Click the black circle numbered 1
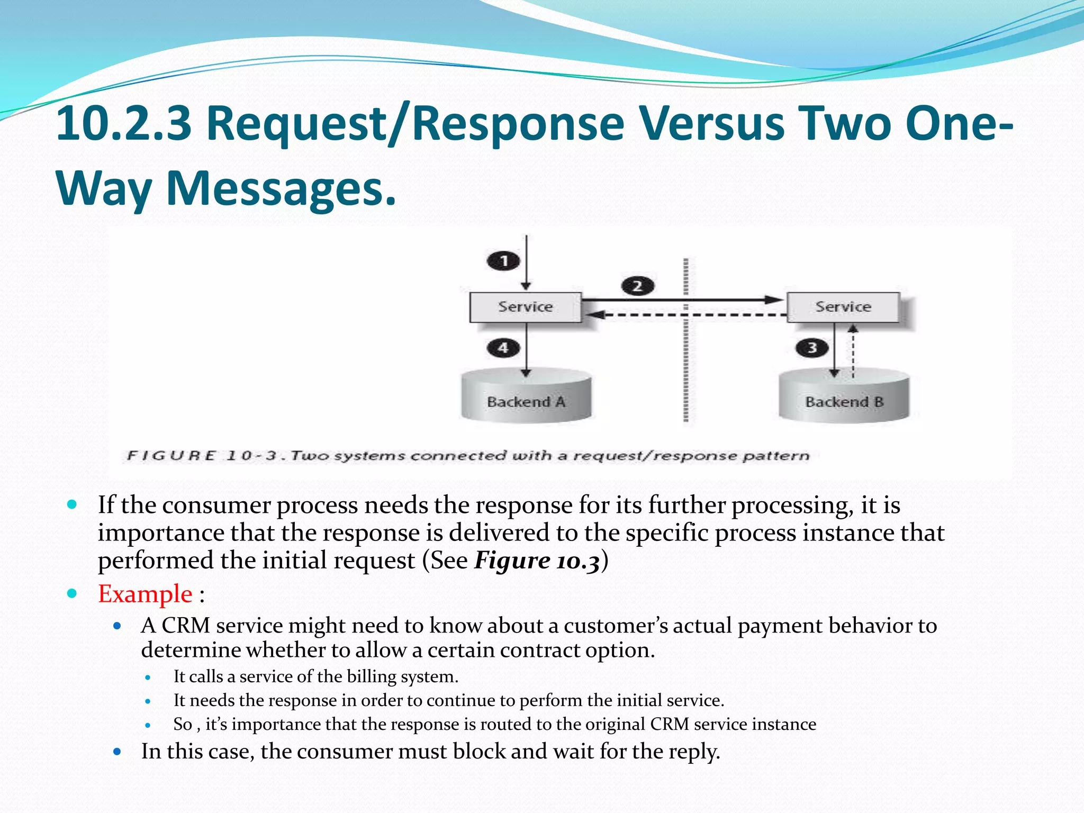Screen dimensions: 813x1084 tap(503, 260)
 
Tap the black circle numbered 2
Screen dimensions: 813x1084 tap(637, 286)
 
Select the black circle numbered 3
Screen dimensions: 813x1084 tap(811, 348)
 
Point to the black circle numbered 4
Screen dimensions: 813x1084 tap(503, 348)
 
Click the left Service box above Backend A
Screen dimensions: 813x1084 tap(525, 307)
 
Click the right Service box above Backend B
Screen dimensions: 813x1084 tap(843, 307)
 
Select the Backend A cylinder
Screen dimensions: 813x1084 tap(526, 397)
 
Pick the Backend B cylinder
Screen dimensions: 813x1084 tap(844, 397)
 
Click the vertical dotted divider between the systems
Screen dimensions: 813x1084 tap(685, 371)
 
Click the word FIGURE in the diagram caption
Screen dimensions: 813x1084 tap(171, 456)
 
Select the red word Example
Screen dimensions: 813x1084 tap(145, 594)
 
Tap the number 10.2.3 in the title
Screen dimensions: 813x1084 tap(123, 123)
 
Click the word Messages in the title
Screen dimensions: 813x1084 tap(281, 188)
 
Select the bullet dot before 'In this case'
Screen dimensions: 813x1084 tap(118, 751)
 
